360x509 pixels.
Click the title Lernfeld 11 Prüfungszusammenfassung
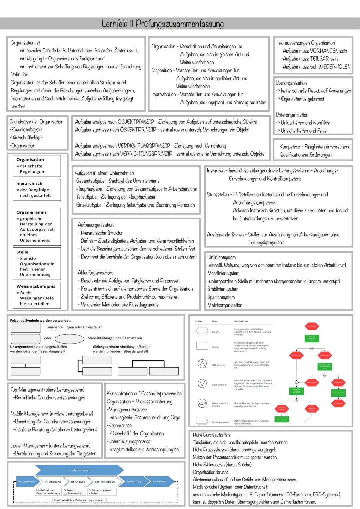pyautogui.click(x=163, y=24)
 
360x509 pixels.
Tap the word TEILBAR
pyautogui.click(x=319, y=59)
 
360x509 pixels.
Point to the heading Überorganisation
pyautogui.click(x=291, y=83)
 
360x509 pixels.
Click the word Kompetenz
pyautogui.click(x=290, y=147)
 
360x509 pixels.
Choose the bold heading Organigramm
pyautogui.click(x=31, y=212)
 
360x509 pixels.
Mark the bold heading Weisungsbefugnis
pyautogui.click(x=36, y=286)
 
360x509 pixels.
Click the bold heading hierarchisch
pyautogui.click(x=29, y=183)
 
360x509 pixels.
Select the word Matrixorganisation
pyautogui.click(x=225, y=305)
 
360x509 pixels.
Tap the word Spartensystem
pyautogui.click(x=221, y=297)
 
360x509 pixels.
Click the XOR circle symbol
pyautogui.click(x=202, y=403)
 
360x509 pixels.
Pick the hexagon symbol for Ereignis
pyautogui.click(x=202, y=331)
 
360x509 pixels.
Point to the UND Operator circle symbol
pyautogui.click(x=202, y=364)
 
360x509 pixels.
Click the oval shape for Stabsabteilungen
pyautogui.click(x=69, y=339)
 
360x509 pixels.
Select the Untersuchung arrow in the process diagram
pyautogui.click(x=79, y=470)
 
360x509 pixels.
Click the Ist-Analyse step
pyautogui.click(x=78, y=482)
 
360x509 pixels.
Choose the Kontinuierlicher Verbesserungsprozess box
pyautogui.click(x=78, y=500)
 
